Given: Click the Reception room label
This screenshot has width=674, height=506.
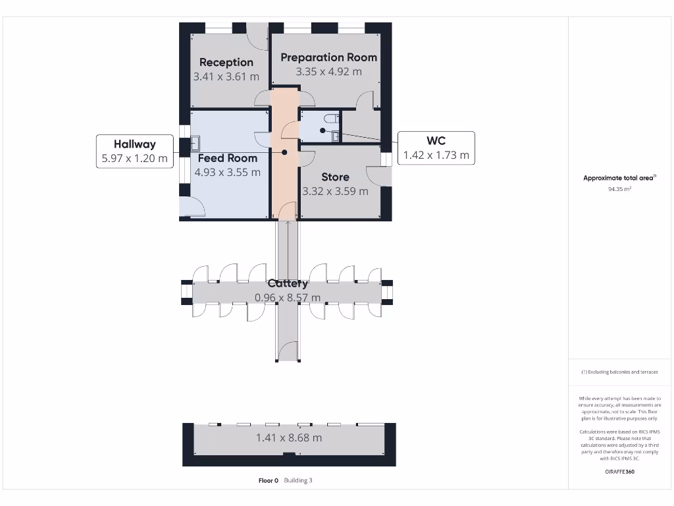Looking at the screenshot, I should click(x=226, y=62).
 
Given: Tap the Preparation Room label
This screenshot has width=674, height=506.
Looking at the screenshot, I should click(x=328, y=57).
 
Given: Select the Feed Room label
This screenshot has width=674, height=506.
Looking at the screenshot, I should click(x=228, y=158).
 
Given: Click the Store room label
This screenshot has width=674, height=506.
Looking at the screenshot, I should click(x=335, y=177).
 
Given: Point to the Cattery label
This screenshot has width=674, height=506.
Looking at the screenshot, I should click(x=288, y=283).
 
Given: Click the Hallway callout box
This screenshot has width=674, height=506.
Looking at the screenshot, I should click(x=134, y=151).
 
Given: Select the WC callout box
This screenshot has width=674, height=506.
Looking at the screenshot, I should click(x=436, y=148).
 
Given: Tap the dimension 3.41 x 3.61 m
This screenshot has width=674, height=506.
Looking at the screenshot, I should click(x=226, y=76).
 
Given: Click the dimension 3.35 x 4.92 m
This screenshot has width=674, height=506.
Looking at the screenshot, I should click(x=328, y=71).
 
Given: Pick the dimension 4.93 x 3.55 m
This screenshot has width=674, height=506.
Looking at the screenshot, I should click(x=228, y=173).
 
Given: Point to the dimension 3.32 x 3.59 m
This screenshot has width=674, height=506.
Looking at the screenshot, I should click(x=335, y=191).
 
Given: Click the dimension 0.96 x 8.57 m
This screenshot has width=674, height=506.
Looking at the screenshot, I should click(x=288, y=298).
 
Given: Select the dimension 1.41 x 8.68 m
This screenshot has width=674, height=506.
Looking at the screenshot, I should click(x=289, y=437).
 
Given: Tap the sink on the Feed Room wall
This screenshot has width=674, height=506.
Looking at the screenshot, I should click(x=196, y=143).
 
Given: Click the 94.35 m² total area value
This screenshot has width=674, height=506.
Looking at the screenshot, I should click(x=619, y=188).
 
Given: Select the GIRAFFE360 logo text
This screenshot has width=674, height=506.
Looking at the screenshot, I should click(x=619, y=472).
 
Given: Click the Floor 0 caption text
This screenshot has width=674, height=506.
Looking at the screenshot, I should click(x=269, y=480).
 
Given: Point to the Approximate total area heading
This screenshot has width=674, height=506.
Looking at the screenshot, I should click(x=619, y=178).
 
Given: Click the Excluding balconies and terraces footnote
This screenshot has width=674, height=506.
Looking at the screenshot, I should click(x=619, y=372).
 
